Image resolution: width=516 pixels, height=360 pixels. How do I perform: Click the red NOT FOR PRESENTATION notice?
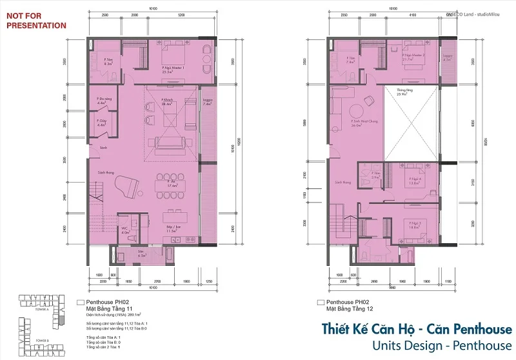(x=35, y=21)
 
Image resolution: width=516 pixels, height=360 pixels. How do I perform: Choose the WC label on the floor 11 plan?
(x=124, y=230)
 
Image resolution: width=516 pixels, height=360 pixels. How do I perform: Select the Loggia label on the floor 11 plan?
(x=208, y=100)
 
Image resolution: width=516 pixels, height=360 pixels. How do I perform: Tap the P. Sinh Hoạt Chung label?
(x=364, y=124)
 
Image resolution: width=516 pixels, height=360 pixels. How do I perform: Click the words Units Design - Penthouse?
(x=442, y=345)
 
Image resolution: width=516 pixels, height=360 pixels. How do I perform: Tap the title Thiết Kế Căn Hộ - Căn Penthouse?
(x=417, y=329)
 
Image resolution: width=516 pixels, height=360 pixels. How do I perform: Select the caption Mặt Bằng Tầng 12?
(x=349, y=308)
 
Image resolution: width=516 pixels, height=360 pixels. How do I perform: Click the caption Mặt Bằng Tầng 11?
(x=107, y=308)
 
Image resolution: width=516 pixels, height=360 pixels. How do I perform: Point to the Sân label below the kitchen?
(x=141, y=253)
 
